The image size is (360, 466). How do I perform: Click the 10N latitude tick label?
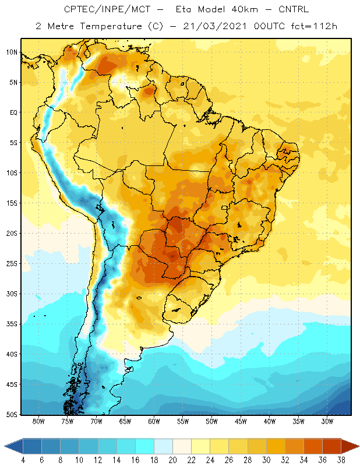coord(12,52)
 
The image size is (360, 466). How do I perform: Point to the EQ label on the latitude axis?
coord(13,112)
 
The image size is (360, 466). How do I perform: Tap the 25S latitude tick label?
coord(12,264)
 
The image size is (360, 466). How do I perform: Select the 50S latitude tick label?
coord(12,415)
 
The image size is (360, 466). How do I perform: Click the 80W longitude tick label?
coord(38,421)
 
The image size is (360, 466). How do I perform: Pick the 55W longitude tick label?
coord(183,421)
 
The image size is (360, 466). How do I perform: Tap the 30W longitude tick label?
coord(327,421)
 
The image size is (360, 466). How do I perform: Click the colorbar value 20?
coord(172,460)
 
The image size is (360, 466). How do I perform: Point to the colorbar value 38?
coord(341,460)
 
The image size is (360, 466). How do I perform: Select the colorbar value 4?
coord(23,460)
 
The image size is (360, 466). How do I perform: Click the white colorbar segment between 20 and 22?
coord(182,446)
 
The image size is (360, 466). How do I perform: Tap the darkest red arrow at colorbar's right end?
coord(350,446)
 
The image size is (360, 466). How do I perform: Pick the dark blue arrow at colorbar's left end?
coord(13,446)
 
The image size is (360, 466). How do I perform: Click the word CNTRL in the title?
coord(294,9)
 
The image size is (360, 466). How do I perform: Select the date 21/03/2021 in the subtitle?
coord(215,26)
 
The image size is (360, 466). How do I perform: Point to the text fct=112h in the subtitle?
coord(314,26)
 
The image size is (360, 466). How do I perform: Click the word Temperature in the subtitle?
coord(111,26)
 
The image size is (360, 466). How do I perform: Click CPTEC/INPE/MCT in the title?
coord(107,9)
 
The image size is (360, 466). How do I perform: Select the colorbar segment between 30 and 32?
coord(276,446)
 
